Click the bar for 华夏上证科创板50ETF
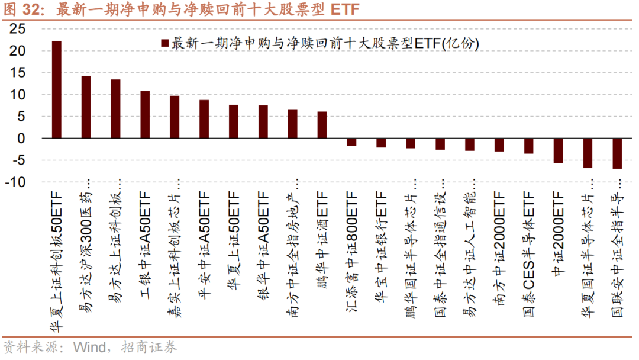point(57,89)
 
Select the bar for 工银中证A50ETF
point(145,114)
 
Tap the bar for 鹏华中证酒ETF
point(322,124)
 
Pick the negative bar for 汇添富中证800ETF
point(351,142)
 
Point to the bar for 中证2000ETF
point(558,150)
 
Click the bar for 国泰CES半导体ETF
point(528,146)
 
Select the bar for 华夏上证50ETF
point(234,121)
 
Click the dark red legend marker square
point(164,43)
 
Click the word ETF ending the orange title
point(345,10)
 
